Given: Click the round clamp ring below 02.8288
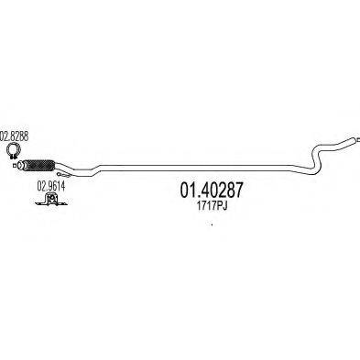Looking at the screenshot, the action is point(15,149).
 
